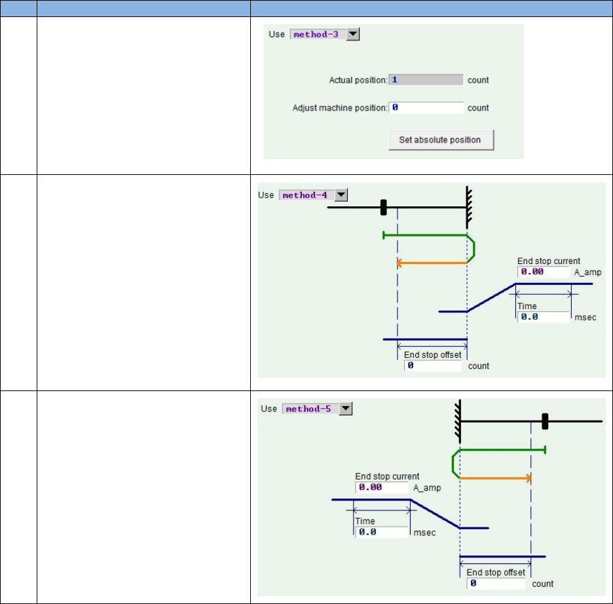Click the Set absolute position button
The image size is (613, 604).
click(x=441, y=140)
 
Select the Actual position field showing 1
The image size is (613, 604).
click(x=426, y=80)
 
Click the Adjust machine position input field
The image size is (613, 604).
click(x=426, y=107)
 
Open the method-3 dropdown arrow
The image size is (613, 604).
click(x=353, y=34)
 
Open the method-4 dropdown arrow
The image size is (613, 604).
click(x=341, y=195)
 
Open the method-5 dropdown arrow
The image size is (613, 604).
click(x=345, y=409)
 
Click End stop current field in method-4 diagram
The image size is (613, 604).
click(x=544, y=272)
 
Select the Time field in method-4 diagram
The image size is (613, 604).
click(x=544, y=317)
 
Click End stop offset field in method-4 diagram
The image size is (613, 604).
click(x=433, y=366)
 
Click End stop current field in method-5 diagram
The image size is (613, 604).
click(x=382, y=487)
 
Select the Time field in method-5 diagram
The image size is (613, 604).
click(x=382, y=532)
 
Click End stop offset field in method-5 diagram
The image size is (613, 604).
click(x=496, y=583)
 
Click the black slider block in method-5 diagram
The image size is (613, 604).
click(x=544, y=421)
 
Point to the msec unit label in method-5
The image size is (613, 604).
click(x=424, y=533)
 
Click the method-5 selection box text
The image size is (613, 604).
click(x=310, y=409)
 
